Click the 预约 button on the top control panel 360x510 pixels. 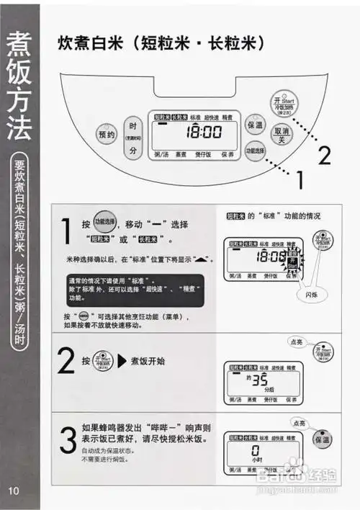tap(107, 135)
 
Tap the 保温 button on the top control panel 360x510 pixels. tap(254, 125)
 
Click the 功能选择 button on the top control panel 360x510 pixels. tap(255, 151)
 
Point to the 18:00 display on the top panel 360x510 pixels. tap(204, 133)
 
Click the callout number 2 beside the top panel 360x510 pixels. tap(325, 155)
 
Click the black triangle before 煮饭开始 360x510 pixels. tap(122, 360)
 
